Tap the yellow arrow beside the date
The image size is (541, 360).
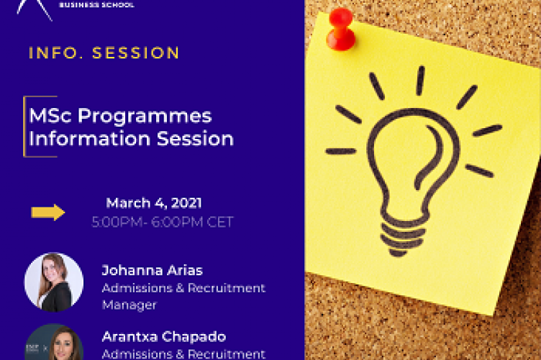click(x=48, y=212)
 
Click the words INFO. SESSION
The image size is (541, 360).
click(x=104, y=53)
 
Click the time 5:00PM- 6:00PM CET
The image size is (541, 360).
click(x=162, y=222)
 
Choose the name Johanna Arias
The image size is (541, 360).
click(x=152, y=271)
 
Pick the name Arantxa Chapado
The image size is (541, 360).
click(x=163, y=337)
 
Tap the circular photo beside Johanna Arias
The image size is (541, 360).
click(x=53, y=282)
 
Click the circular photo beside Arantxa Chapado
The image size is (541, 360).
click(x=54, y=344)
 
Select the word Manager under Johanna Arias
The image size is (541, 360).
click(x=129, y=305)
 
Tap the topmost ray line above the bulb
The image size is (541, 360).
click(x=420, y=81)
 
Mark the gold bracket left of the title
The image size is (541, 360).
click(x=27, y=126)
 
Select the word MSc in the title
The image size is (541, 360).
click(x=47, y=115)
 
